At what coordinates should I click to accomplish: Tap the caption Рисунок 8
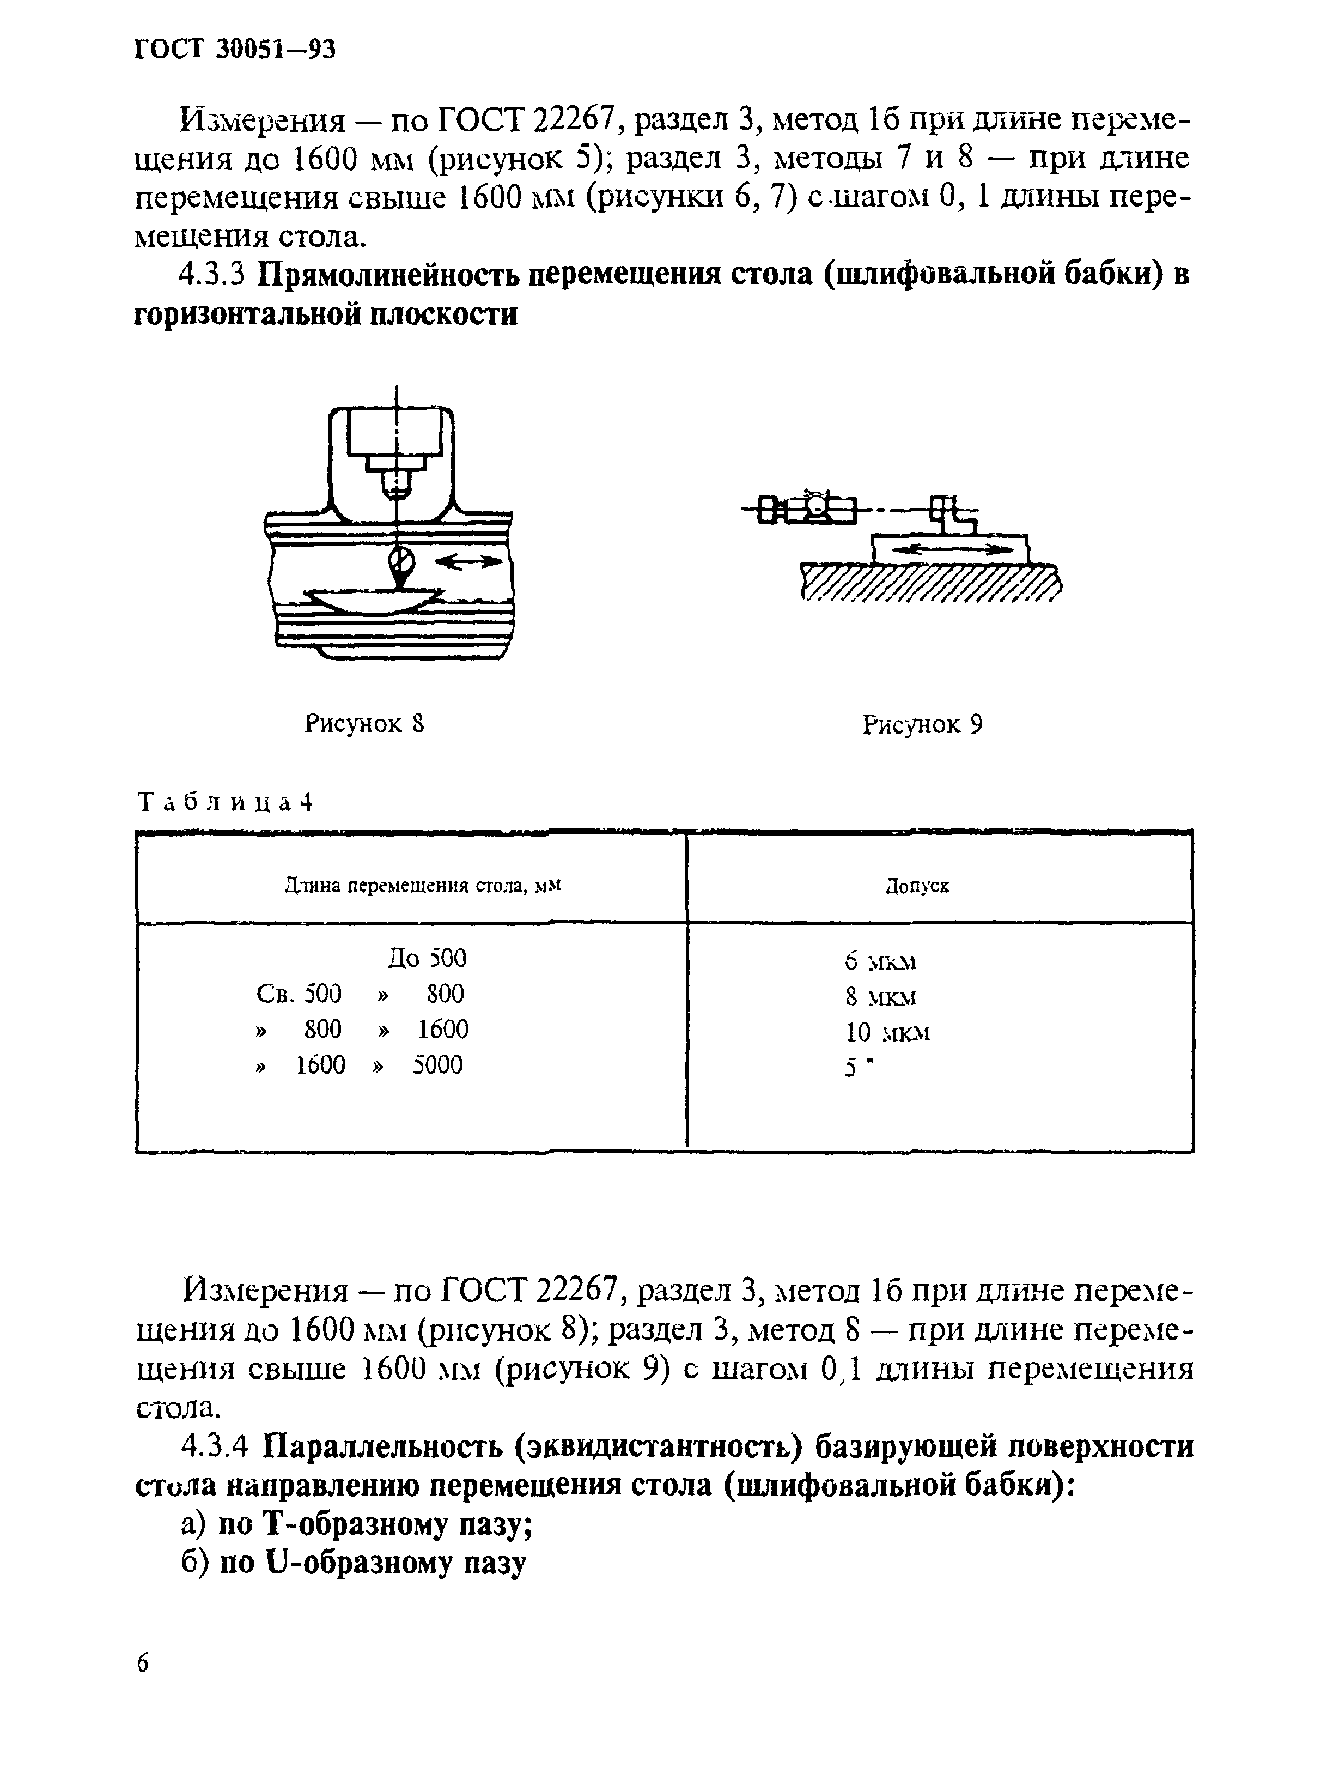point(364,724)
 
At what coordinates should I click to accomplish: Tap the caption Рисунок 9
point(922,725)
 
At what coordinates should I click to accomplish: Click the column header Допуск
point(917,886)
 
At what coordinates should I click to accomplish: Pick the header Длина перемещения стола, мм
point(423,886)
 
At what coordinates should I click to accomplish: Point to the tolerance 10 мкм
point(887,1032)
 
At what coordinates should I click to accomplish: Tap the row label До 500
point(427,959)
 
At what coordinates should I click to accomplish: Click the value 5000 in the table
point(438,1065)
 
